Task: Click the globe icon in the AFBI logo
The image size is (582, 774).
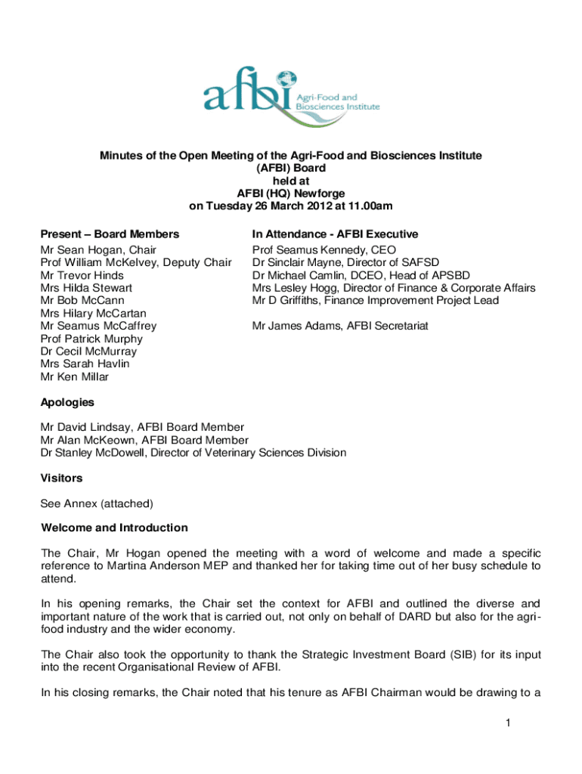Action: (285, 79)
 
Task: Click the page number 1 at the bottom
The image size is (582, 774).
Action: (509, 723)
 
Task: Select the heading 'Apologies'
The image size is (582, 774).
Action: (67, 402)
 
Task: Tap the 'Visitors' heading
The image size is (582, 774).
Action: (61, 478)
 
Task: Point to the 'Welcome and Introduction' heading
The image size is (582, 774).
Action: (114, 528)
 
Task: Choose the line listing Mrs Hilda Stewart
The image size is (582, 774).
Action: (87, 288)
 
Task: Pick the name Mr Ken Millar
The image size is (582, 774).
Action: (75, 376)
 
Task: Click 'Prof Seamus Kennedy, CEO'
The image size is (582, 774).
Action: (324, 250)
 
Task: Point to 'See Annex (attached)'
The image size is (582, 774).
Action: (97, 503)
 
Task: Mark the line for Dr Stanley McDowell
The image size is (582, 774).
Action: (193, 453)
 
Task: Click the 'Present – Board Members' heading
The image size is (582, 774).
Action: (110, 234)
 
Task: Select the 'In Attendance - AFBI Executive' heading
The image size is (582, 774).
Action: (335, 234)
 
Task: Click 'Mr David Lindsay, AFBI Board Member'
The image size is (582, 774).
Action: (142, 427)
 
